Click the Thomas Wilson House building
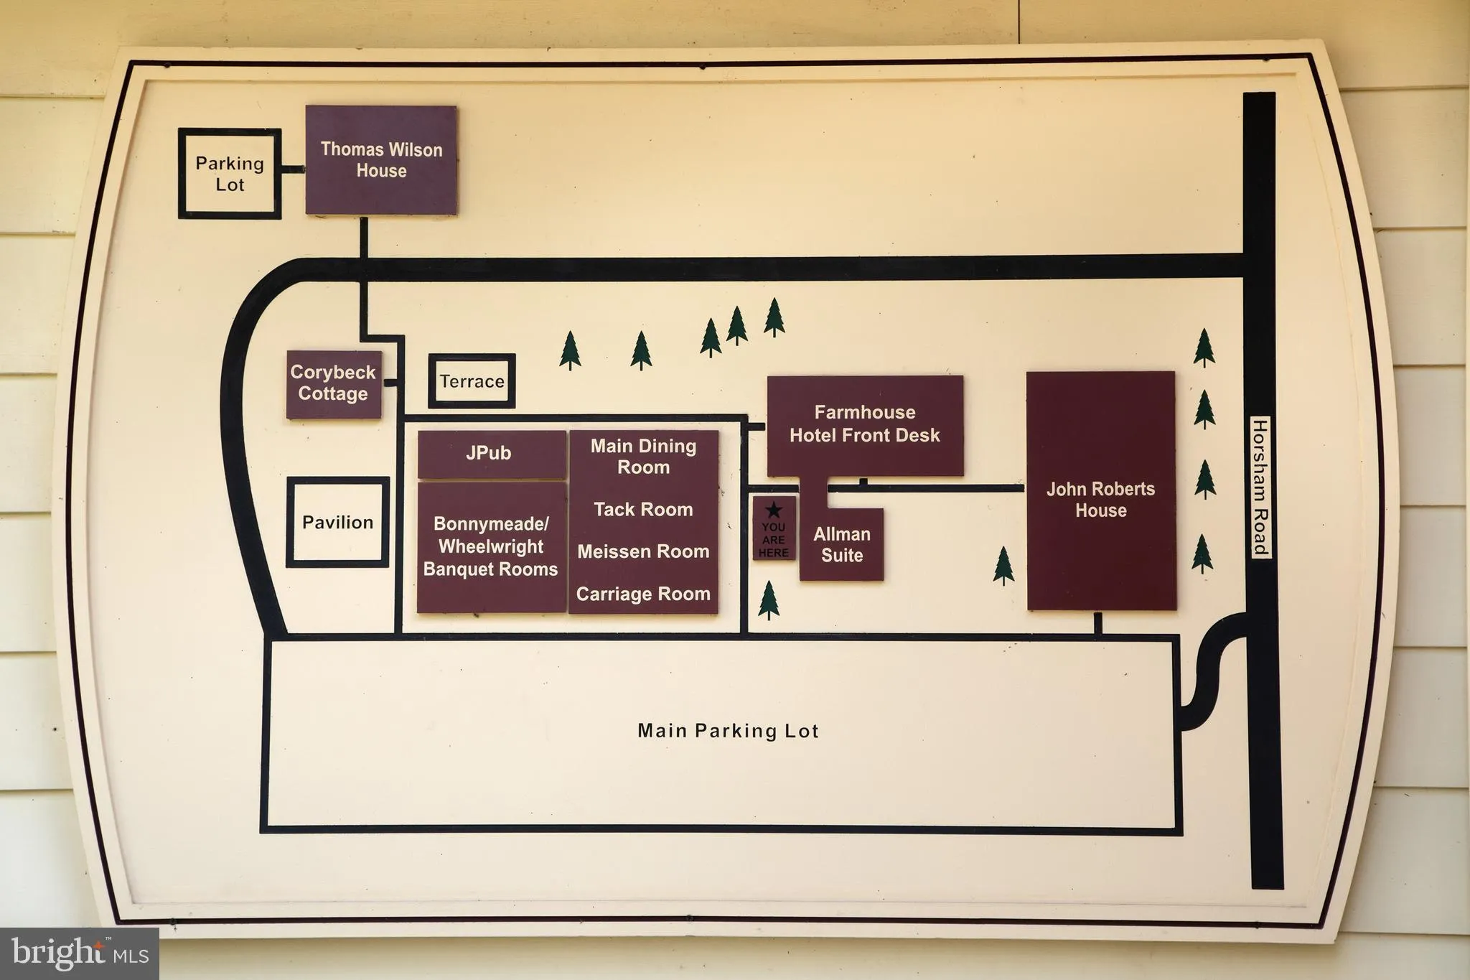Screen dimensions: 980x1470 [381, 160]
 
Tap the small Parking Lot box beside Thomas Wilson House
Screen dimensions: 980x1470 [230, 174]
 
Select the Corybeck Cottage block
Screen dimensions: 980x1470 [334, 384]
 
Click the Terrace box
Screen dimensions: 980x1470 [472, 381]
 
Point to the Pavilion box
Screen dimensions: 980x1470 [337, 522]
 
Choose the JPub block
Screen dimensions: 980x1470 [491, 454]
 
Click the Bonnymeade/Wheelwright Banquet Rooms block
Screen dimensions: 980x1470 [491, 547]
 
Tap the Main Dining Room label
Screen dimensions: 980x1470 [643, 457]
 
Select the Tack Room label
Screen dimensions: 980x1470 [643, 510]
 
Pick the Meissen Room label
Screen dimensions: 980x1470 [643, 551]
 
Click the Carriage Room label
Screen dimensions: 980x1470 [643, 594]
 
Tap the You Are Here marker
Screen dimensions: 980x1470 [774, 529]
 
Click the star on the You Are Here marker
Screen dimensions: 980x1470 [774, 510]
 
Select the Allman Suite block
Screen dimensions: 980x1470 [841, 544]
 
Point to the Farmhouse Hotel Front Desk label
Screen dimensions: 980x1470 [865, 424]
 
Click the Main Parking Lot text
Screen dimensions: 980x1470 [728, 731]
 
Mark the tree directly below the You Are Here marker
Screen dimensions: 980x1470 [769, 600]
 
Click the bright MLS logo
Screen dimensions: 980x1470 [80, 953]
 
